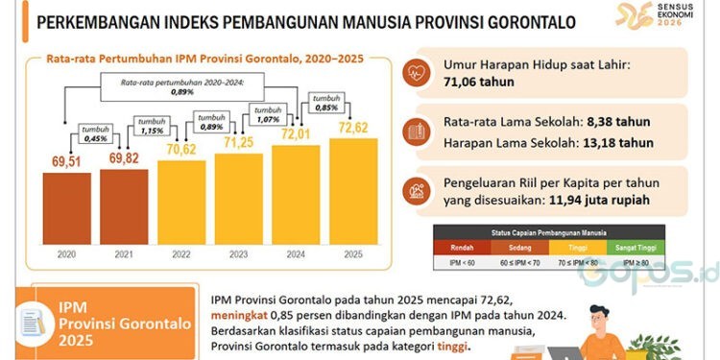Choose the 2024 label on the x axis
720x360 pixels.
pyautogui.click(x=298, y=255)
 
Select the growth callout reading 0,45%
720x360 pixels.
pyautogui.click(x=96, y=134)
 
